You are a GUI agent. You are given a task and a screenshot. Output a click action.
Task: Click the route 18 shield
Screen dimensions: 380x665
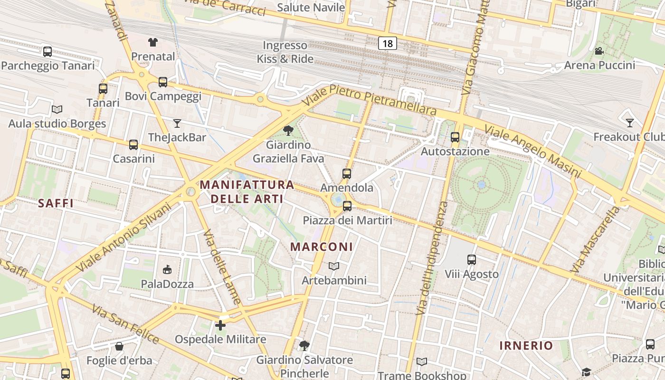click(388, 44)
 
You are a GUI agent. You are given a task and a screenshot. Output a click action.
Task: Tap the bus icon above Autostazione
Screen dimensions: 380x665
click(455, 137)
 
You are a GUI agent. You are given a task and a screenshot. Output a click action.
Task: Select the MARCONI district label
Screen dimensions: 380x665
click(322, 247)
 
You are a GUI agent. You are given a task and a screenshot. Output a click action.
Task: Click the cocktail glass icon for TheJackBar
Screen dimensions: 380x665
click(177, 123)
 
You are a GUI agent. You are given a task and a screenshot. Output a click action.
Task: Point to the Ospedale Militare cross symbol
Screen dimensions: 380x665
click(220, 325)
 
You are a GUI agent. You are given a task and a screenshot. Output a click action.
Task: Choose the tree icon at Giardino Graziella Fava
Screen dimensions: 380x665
click(288, 131)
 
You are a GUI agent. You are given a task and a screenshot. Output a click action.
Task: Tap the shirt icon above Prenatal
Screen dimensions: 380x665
click(152, 42)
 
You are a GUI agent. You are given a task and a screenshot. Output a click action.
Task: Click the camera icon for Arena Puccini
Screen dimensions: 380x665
click(599, 51)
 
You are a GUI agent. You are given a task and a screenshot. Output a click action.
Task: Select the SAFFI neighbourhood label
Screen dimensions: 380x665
click(56, 203)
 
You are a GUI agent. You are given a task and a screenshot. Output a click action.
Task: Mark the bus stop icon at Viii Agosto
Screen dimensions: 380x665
click(472, 260)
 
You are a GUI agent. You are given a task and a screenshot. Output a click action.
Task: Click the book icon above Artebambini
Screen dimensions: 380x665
click(334, 266)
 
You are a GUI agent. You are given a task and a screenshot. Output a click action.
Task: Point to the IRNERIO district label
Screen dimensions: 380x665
click(526, 345)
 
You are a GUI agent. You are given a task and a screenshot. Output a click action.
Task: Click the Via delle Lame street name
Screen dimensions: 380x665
click(222, 267)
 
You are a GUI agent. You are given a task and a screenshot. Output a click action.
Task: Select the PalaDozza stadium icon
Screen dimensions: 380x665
click(167, 270)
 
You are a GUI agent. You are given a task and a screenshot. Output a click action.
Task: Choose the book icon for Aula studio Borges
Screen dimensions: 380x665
click(57, 110)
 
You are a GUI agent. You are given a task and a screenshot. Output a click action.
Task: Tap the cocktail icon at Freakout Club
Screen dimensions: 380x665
click(630, 123)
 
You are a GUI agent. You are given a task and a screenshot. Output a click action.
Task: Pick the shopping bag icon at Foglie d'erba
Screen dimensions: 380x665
click(119, 346)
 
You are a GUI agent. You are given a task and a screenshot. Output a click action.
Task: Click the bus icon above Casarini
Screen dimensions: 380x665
click(133, 144)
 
